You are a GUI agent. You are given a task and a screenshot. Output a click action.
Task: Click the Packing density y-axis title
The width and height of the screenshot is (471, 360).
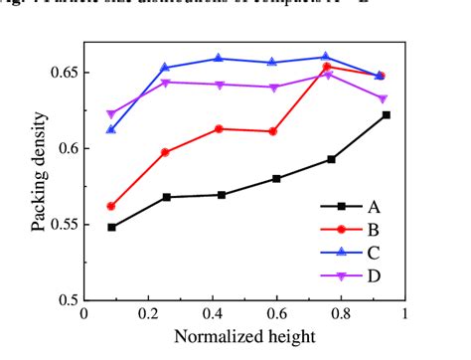(x=39, y=174)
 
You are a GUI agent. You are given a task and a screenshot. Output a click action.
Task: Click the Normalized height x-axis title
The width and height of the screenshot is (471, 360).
(x=244, y=336)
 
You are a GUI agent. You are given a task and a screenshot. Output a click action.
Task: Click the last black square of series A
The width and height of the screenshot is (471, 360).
(x=386, y=115)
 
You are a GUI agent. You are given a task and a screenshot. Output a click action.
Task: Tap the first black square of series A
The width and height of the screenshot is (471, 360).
(x=111, y=227)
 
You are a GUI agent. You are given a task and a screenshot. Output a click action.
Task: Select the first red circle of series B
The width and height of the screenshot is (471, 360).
(x=111, y=206)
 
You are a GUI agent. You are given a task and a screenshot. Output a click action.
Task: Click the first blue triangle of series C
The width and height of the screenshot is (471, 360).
(x=111, y=129)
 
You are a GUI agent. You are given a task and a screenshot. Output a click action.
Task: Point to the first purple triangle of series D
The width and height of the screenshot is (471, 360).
(x=111, y=114)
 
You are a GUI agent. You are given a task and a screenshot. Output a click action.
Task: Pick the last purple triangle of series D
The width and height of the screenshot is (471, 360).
(x=383, y=98)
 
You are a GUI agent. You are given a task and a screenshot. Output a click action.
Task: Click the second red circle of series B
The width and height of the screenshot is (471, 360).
(x=165, y=152)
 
